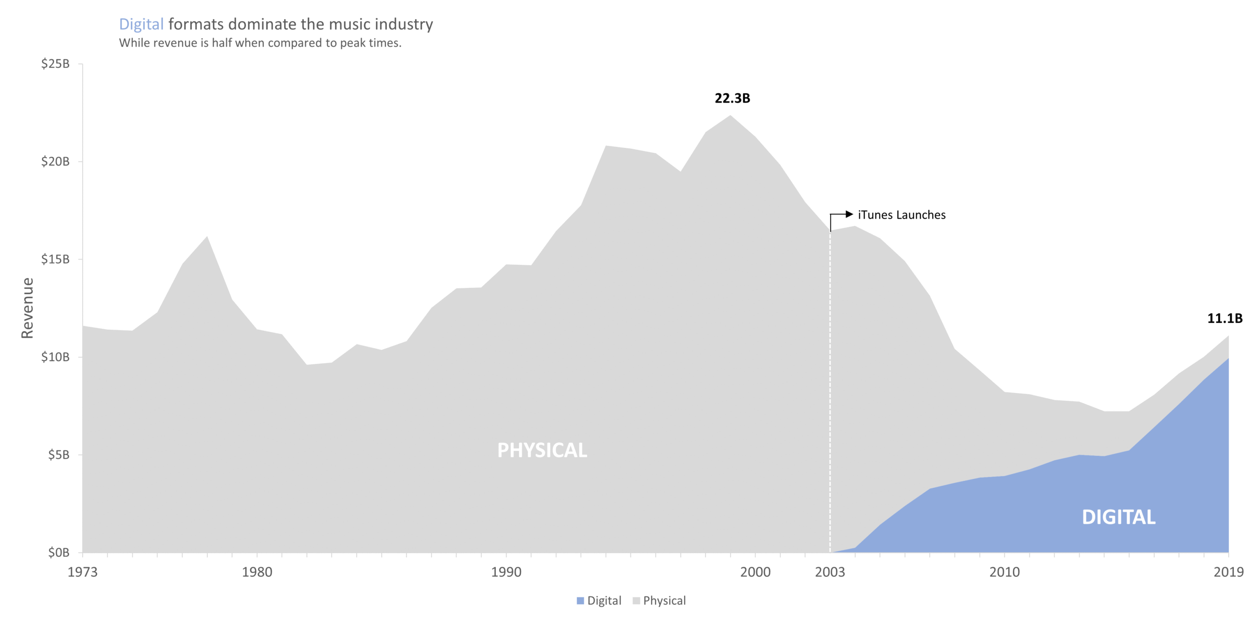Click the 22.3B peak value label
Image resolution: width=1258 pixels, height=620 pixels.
pos(732,98)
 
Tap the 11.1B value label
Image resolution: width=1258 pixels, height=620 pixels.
pos(1224,318)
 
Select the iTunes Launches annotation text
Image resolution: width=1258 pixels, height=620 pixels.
pos(901,215)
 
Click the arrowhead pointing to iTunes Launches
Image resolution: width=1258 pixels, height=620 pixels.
pos(849,214)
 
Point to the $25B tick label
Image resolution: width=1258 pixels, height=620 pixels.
pos(55,64)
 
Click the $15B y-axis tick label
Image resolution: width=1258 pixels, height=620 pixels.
pos(55,259)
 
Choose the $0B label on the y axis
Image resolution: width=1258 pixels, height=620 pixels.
pos(58,553)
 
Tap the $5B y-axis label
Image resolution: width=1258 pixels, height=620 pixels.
pos(58,455)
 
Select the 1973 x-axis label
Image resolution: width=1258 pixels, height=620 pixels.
pos(83,572)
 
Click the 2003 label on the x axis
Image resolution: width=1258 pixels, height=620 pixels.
pos(829,572)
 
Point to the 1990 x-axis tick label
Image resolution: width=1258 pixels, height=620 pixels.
pos(506,572)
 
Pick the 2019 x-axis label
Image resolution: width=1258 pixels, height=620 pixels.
pos(1228,572)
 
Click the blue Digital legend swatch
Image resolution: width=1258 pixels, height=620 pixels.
pos(580,601)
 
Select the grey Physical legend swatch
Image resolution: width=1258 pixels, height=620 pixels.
pos(636,601)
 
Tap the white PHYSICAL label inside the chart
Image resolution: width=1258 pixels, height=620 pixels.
pos(542,451)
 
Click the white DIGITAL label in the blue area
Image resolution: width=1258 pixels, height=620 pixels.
pos(1118,517)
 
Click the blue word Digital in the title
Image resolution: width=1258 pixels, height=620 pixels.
pos(141,25)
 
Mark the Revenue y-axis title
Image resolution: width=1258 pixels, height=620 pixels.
pos(28,308)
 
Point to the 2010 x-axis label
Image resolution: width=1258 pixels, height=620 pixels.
pos(1004,572)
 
